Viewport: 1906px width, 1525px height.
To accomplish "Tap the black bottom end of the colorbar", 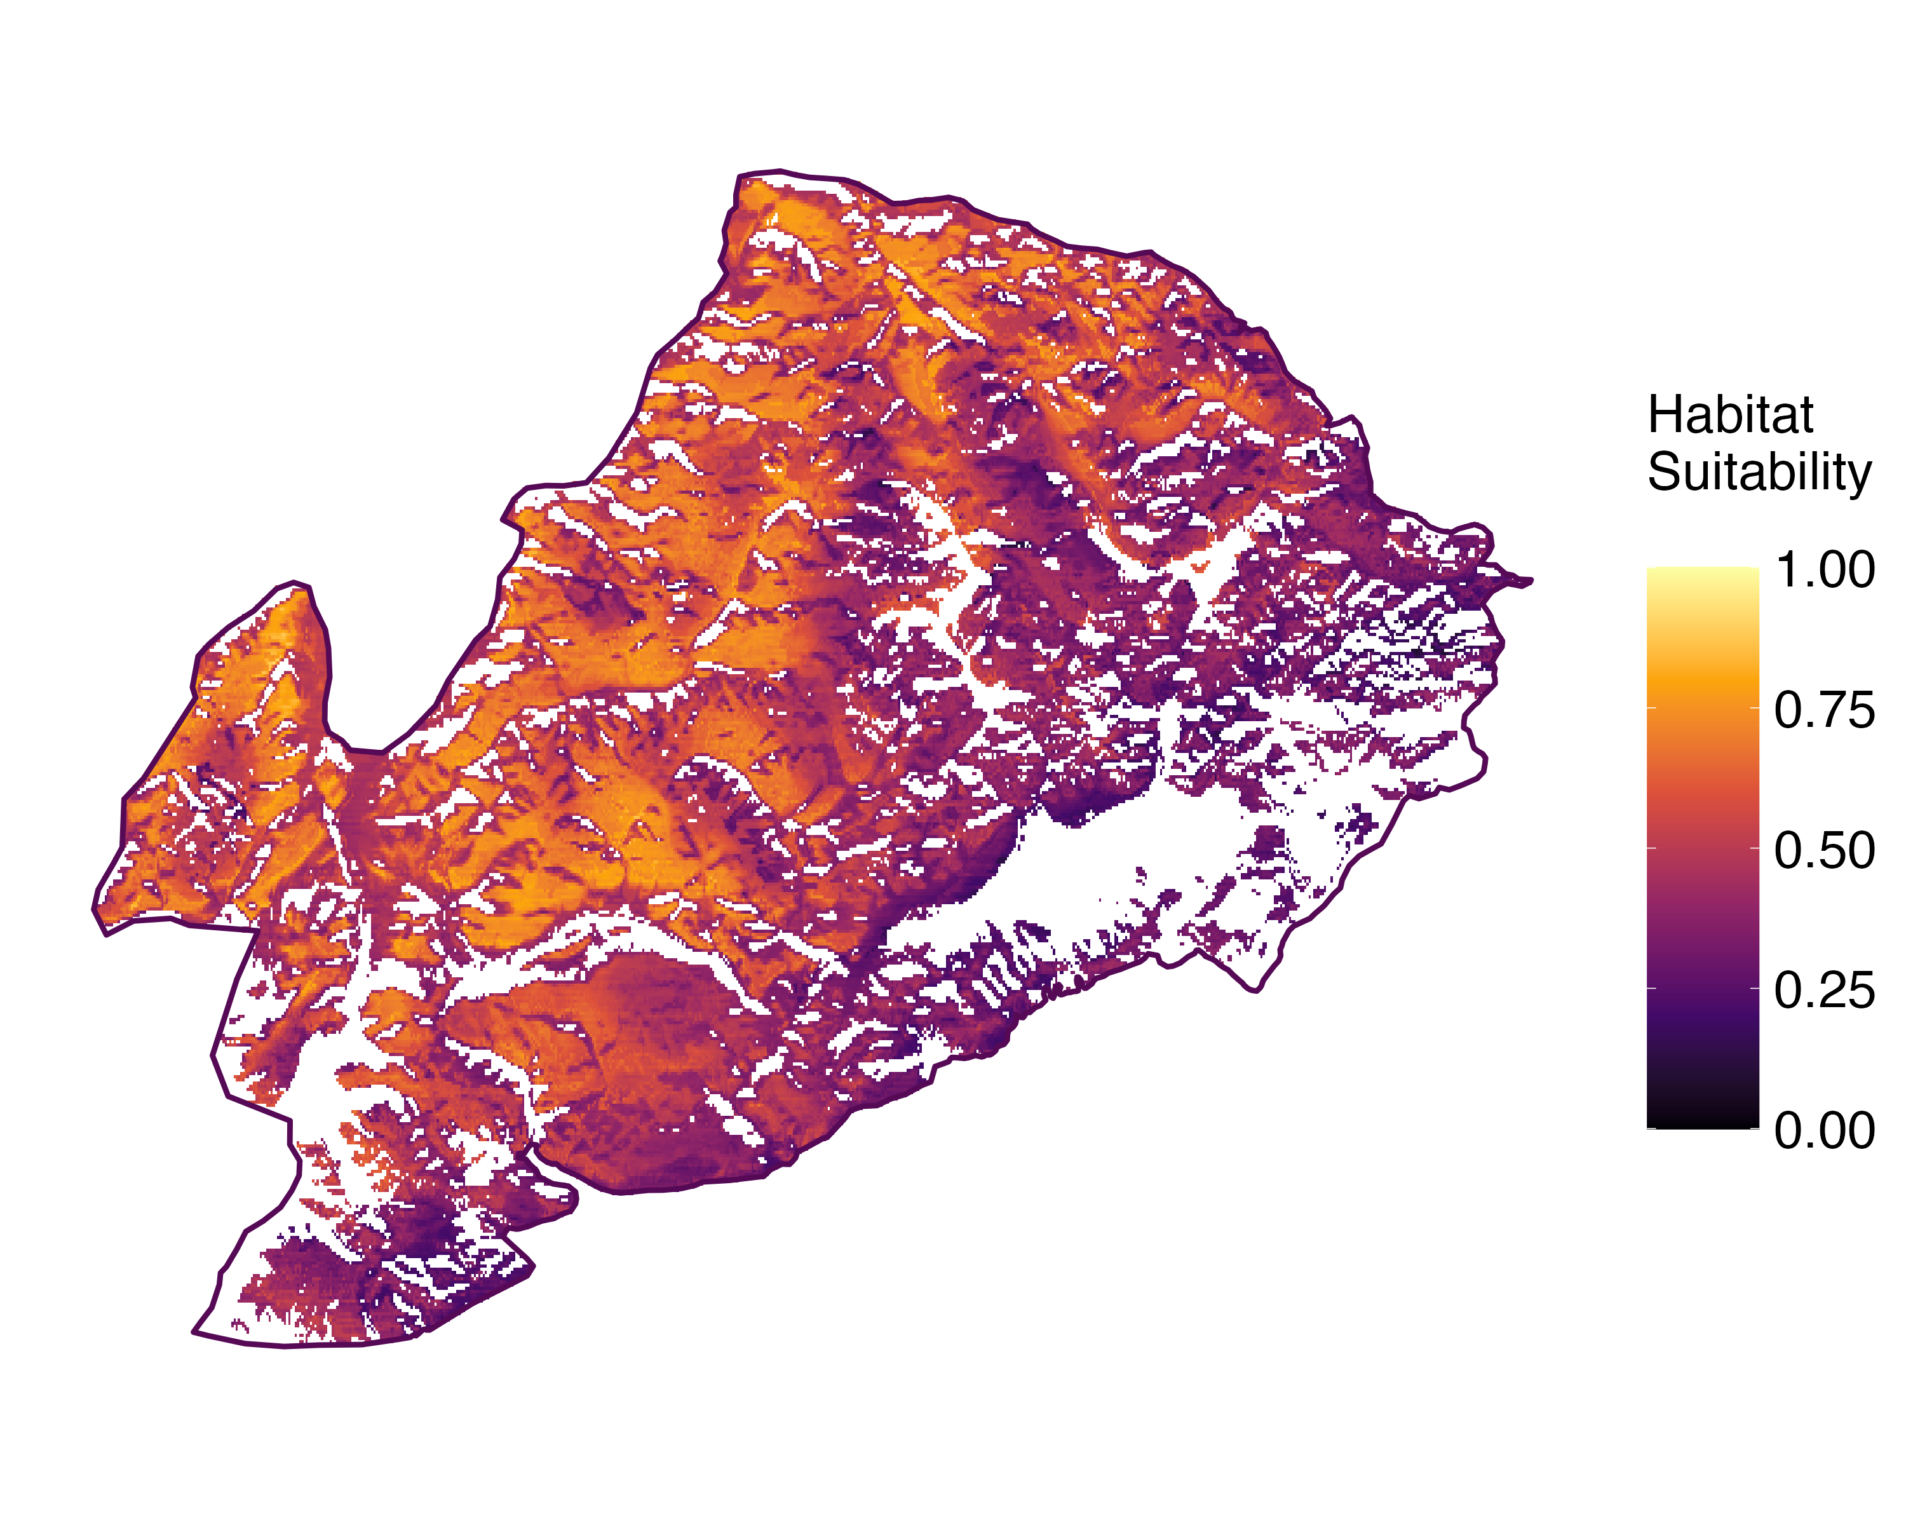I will click(1703, 1121).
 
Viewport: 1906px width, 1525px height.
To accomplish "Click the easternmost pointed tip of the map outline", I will click(1532, 580).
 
